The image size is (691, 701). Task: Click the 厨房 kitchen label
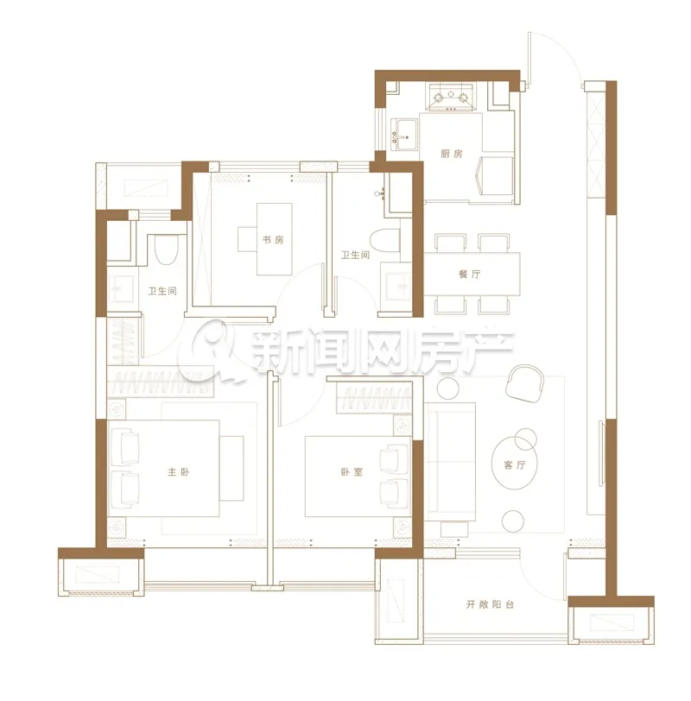[451, 154]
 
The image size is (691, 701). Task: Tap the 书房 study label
[273, 240]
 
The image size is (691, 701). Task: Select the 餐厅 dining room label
[470, 274]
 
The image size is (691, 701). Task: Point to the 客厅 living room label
[514, 465]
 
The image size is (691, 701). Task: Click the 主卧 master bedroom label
[179, 471]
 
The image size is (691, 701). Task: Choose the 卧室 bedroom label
[352, 471]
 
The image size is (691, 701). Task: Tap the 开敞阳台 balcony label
[491, 604]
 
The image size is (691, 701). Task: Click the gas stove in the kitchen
[451, 97]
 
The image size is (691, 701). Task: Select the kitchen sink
[404, 133]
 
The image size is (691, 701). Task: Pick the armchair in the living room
[524, 382]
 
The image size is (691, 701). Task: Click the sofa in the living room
[450, 461]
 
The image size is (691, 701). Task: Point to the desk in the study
[274, 239]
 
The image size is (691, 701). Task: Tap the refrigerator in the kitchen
[496, 177]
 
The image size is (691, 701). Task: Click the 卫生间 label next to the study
[356, 255]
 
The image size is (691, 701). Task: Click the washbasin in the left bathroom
[121, 289]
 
